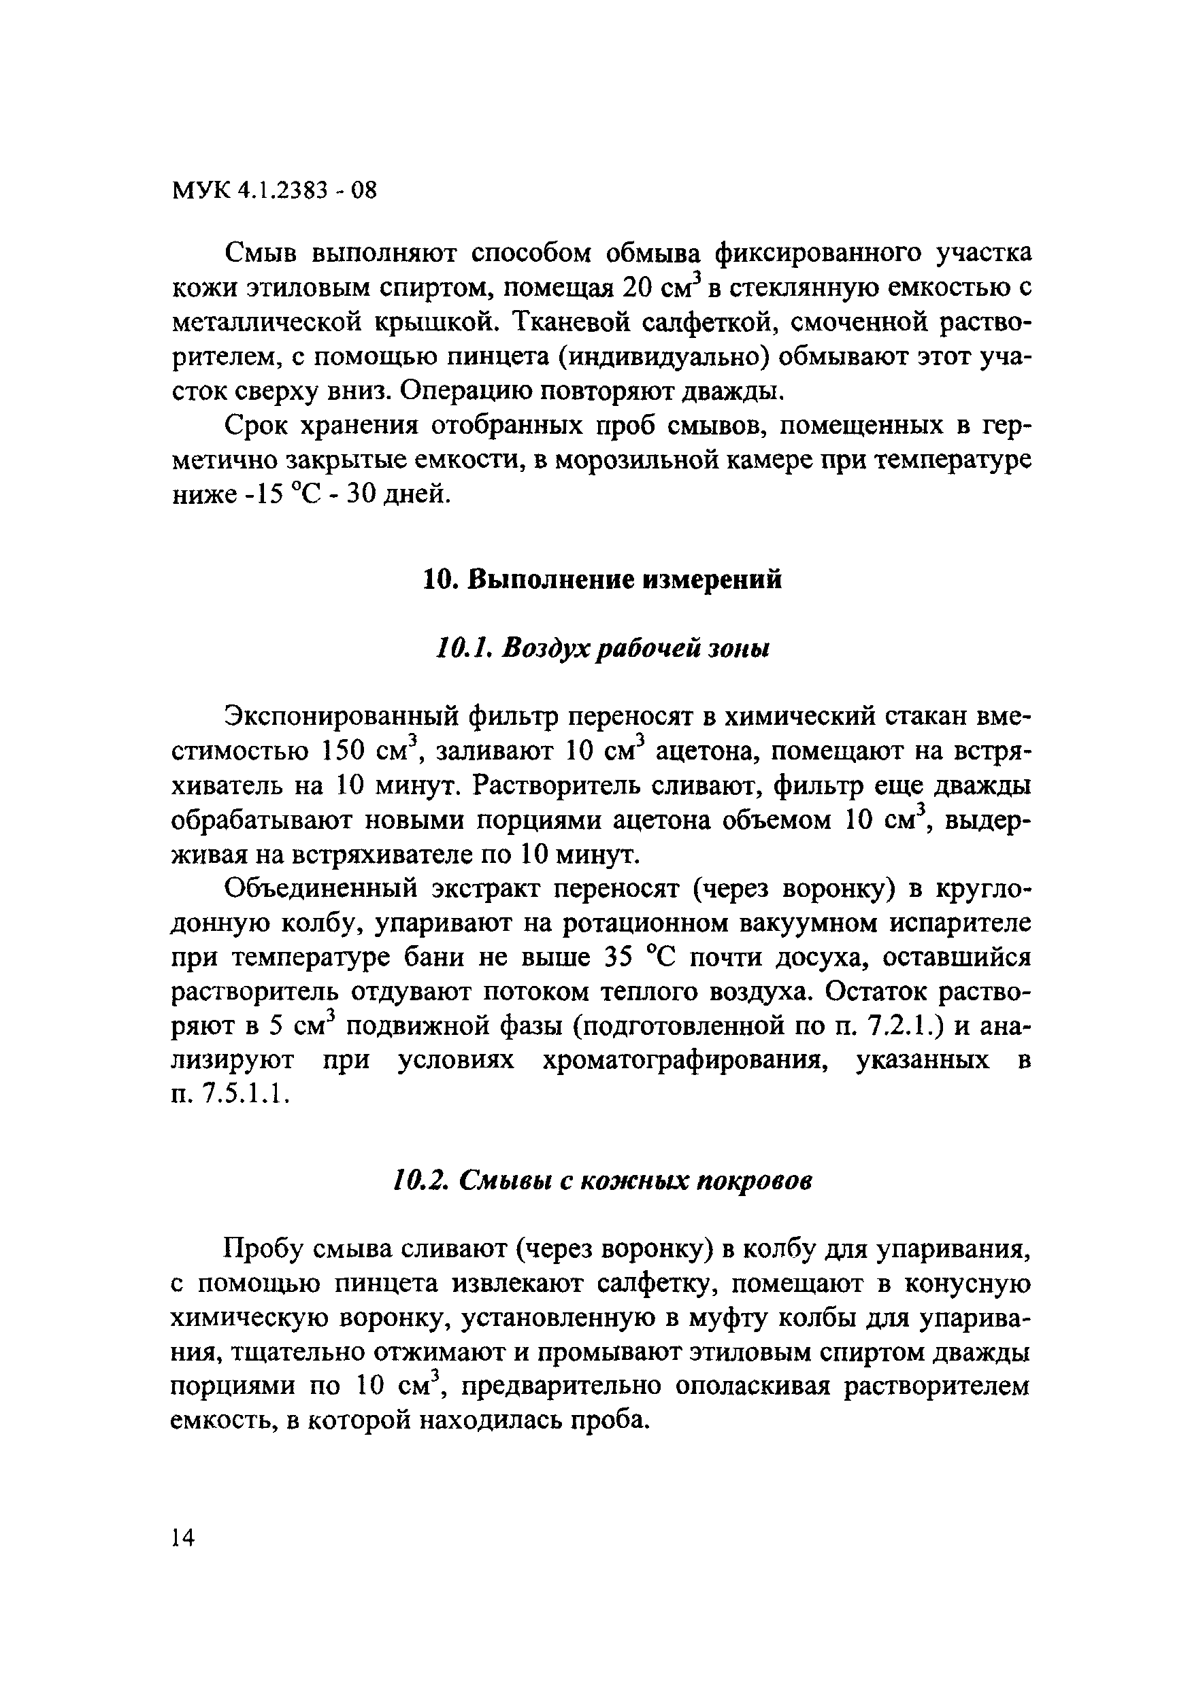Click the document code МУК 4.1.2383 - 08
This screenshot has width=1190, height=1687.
click(x=274, y=191)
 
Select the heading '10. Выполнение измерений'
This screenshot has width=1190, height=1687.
click(x=603, y=580)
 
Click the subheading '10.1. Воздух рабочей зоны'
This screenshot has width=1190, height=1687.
click(x=603, y=648)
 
